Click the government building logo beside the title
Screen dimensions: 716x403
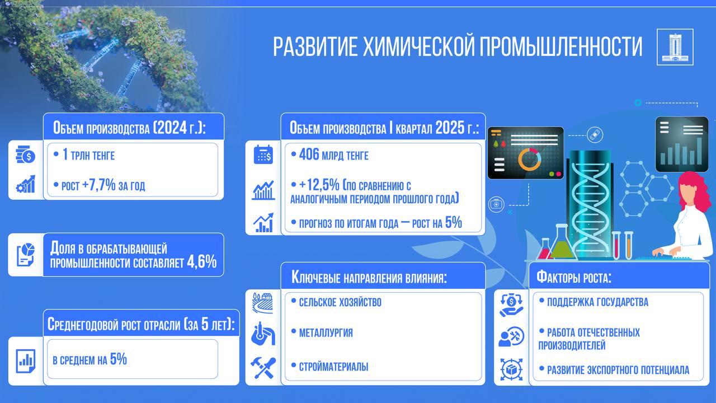point(675,47)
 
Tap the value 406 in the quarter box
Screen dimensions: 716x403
point(309,154)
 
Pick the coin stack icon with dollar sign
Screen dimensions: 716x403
point(26,154)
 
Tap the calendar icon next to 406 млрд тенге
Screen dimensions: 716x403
point(263,154)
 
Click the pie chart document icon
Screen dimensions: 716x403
point(26,255)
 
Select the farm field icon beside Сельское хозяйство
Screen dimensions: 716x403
point(263,303)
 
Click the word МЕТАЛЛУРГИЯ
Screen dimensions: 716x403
point(326,333)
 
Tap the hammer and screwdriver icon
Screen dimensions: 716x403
point(263,368)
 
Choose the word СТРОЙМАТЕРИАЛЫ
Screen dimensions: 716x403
point(333,367)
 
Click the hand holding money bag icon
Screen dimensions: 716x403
point(511,305)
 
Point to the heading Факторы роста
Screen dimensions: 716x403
point(574,277)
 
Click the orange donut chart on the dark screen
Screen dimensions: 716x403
point(530,160)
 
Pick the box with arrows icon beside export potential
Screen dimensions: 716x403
point(511,370)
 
